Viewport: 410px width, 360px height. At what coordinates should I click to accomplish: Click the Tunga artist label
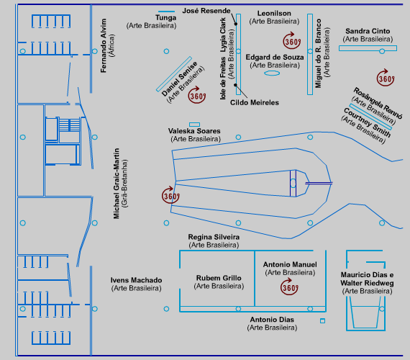coord(165,18)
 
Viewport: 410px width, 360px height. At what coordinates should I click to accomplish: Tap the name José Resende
coord(206,11)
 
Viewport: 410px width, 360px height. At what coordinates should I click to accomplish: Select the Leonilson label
coord(274,14)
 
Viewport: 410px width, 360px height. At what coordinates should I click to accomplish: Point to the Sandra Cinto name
coord(368,31)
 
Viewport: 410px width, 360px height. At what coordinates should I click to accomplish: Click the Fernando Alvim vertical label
coord(104,45)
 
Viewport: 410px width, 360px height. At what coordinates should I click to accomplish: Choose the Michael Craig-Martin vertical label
coord(117,184)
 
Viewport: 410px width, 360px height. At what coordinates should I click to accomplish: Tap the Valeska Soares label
coord(194,131)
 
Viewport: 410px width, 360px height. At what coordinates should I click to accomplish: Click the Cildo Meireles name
coord(255,103)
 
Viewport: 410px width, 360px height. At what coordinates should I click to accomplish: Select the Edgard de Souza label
coord(275,58)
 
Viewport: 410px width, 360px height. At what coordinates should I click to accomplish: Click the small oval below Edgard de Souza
coord(272,73)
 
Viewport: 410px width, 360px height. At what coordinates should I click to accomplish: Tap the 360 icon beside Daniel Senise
coord(197,95)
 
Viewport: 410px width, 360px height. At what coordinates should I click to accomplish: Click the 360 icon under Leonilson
coord(291,41)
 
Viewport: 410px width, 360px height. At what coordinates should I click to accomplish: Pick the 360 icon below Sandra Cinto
coord(386,78)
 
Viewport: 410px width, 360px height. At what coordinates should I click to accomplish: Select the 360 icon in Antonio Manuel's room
coord(289,287)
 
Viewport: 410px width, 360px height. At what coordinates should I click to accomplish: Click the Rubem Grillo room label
coord(219,278)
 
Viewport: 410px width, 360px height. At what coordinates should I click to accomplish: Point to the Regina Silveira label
coord(214,237)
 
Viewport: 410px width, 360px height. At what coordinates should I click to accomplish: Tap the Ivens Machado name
coord(136,280)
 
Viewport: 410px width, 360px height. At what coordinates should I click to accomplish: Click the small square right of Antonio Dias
coord(323,320)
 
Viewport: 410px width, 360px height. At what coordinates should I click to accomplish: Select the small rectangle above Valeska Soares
coord(194,125)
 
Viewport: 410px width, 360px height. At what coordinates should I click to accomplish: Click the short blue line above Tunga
coord(166,12)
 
